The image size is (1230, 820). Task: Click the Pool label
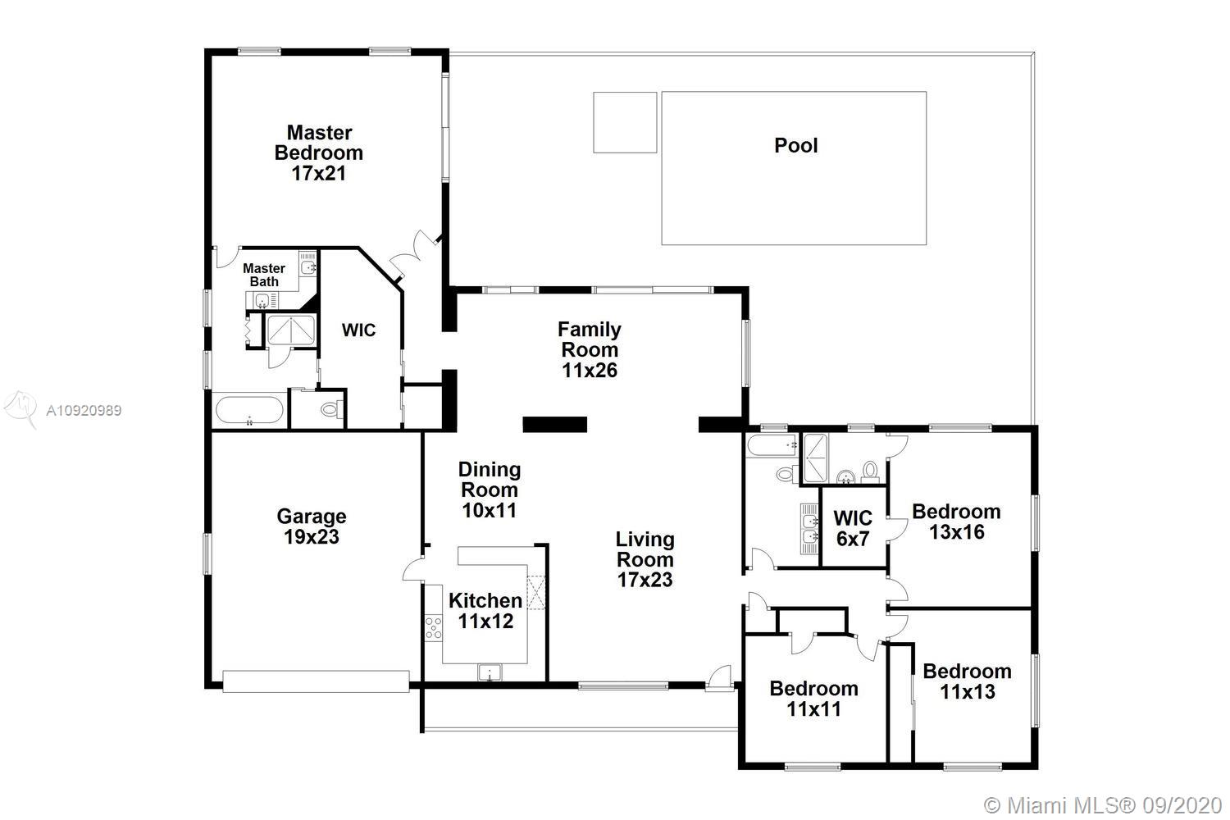795,145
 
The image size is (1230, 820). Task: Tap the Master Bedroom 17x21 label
318,153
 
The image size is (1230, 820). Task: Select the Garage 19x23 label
312,526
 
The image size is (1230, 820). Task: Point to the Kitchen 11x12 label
485,611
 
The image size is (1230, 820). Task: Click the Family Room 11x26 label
590,350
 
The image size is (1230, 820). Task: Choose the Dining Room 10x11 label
490,490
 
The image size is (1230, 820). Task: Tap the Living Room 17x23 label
645,559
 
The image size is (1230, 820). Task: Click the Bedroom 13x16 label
957,522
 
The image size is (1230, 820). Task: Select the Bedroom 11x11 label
813,699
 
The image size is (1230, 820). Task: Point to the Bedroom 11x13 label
967,681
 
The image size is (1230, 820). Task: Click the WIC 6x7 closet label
853,528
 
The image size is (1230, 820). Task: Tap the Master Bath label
264,276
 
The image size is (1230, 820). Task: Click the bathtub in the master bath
249,410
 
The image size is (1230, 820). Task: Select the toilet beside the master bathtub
331,409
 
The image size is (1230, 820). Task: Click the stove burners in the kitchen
433,628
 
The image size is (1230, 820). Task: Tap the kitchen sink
490,672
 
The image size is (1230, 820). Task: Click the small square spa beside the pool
625,122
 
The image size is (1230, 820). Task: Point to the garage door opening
316,681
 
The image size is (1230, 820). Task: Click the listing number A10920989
84,410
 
